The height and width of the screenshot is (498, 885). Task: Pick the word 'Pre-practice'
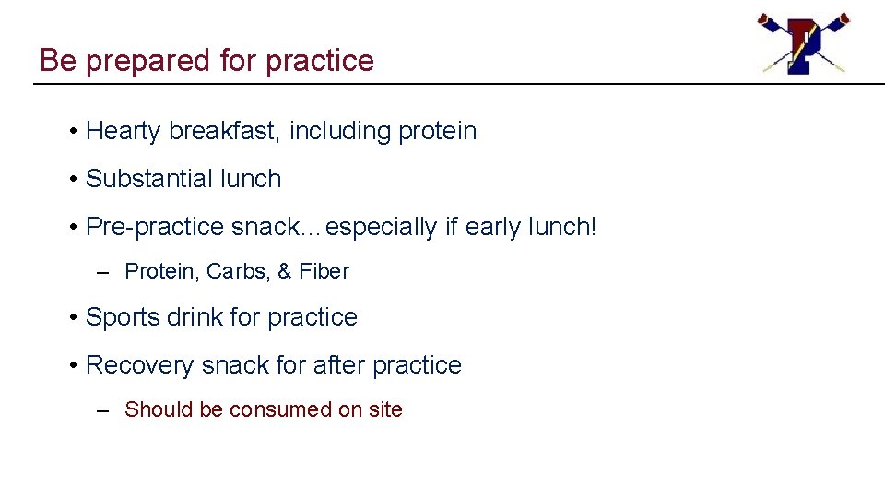154,227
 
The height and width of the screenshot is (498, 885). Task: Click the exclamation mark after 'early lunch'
593,227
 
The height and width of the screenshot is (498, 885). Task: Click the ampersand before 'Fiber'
284,272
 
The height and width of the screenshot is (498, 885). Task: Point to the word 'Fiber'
324,272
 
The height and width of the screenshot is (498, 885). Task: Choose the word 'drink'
195,317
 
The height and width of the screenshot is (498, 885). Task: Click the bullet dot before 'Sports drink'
73,318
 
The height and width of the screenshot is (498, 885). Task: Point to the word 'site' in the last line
385,409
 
